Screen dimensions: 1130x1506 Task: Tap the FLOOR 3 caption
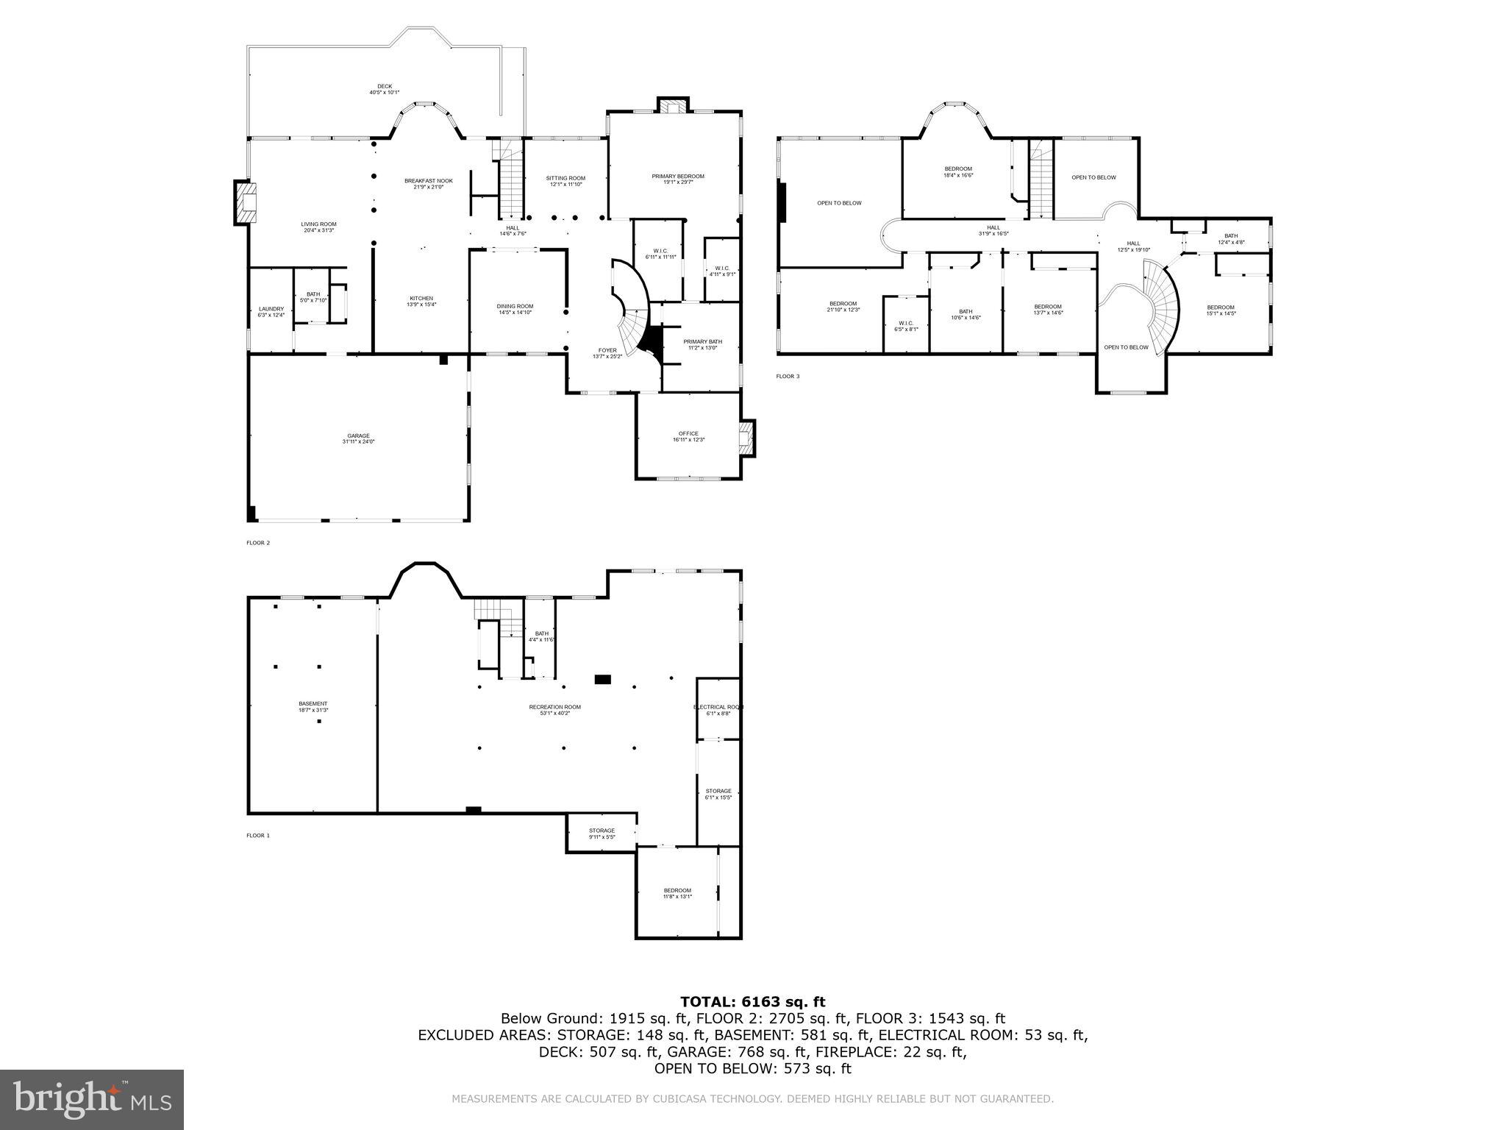pos(788,377)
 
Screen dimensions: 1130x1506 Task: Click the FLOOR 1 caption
pos(258,836)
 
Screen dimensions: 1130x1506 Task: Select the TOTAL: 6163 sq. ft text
pos(752,1001)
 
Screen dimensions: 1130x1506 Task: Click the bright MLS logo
pos(92,1100)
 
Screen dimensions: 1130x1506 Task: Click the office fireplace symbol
pos(747,437)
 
